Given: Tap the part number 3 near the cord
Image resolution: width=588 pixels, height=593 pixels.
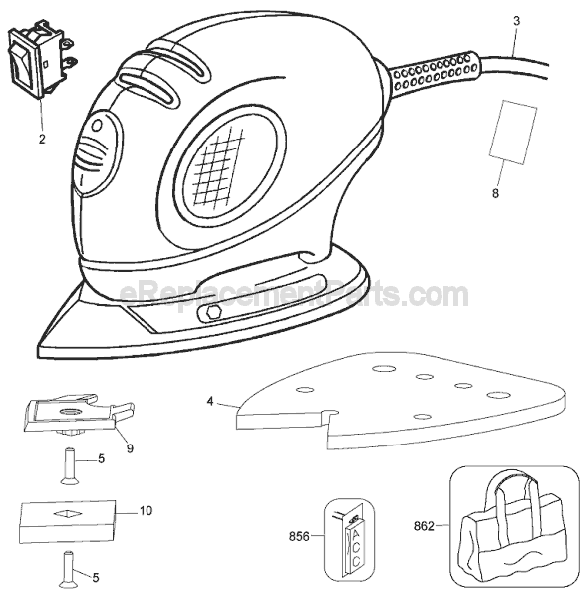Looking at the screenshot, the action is point(516,21).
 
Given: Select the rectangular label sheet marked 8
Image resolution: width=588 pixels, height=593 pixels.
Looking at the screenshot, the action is point(513,133).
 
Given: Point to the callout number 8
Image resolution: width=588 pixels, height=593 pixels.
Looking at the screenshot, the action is point(495,193).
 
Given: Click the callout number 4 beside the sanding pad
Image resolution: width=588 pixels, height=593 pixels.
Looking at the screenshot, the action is point(210,401).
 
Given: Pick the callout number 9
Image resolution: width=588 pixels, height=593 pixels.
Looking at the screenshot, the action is point(130,448).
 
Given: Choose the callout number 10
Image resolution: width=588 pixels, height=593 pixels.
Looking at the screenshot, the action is point(146,511).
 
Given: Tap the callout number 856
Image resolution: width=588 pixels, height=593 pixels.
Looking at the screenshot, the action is point(299,536).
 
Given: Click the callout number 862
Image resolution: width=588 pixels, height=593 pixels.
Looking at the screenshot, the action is point(424,526).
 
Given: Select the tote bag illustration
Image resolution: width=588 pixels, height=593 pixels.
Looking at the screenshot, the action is point(514,525).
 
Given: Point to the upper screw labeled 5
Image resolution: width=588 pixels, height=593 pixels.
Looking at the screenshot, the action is point(68,466).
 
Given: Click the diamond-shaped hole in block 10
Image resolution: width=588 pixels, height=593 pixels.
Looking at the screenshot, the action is point(68,514).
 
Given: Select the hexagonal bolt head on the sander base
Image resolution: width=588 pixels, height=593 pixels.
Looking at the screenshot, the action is point(213,313).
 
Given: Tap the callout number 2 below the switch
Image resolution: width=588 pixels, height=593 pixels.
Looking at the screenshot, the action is point(42,139).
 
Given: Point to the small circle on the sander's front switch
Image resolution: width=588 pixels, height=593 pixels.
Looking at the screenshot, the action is point(98,125).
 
